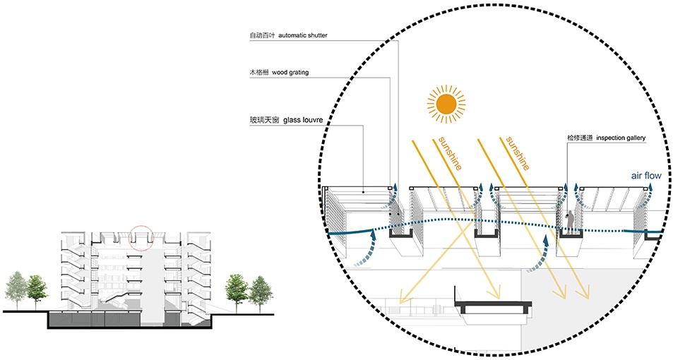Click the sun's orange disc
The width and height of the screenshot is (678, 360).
click(446, 104)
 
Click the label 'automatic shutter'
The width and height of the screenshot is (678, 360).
click(303, 35)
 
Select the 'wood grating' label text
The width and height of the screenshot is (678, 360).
click(290, 72)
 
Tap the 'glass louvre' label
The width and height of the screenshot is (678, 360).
click(303, 120)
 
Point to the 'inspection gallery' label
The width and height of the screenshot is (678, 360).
click(621, 138)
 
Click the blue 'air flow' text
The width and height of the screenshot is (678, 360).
click(646, 176)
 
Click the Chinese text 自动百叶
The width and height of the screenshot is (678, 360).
click(262, 35)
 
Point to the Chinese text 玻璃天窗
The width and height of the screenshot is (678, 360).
click(265, 120)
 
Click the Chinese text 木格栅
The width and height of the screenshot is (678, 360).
click(259, 72)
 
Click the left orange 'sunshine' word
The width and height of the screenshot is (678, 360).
click(450, 153)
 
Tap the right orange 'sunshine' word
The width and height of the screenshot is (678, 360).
click(518, 153)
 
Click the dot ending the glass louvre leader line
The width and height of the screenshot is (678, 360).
click(363, 191)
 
